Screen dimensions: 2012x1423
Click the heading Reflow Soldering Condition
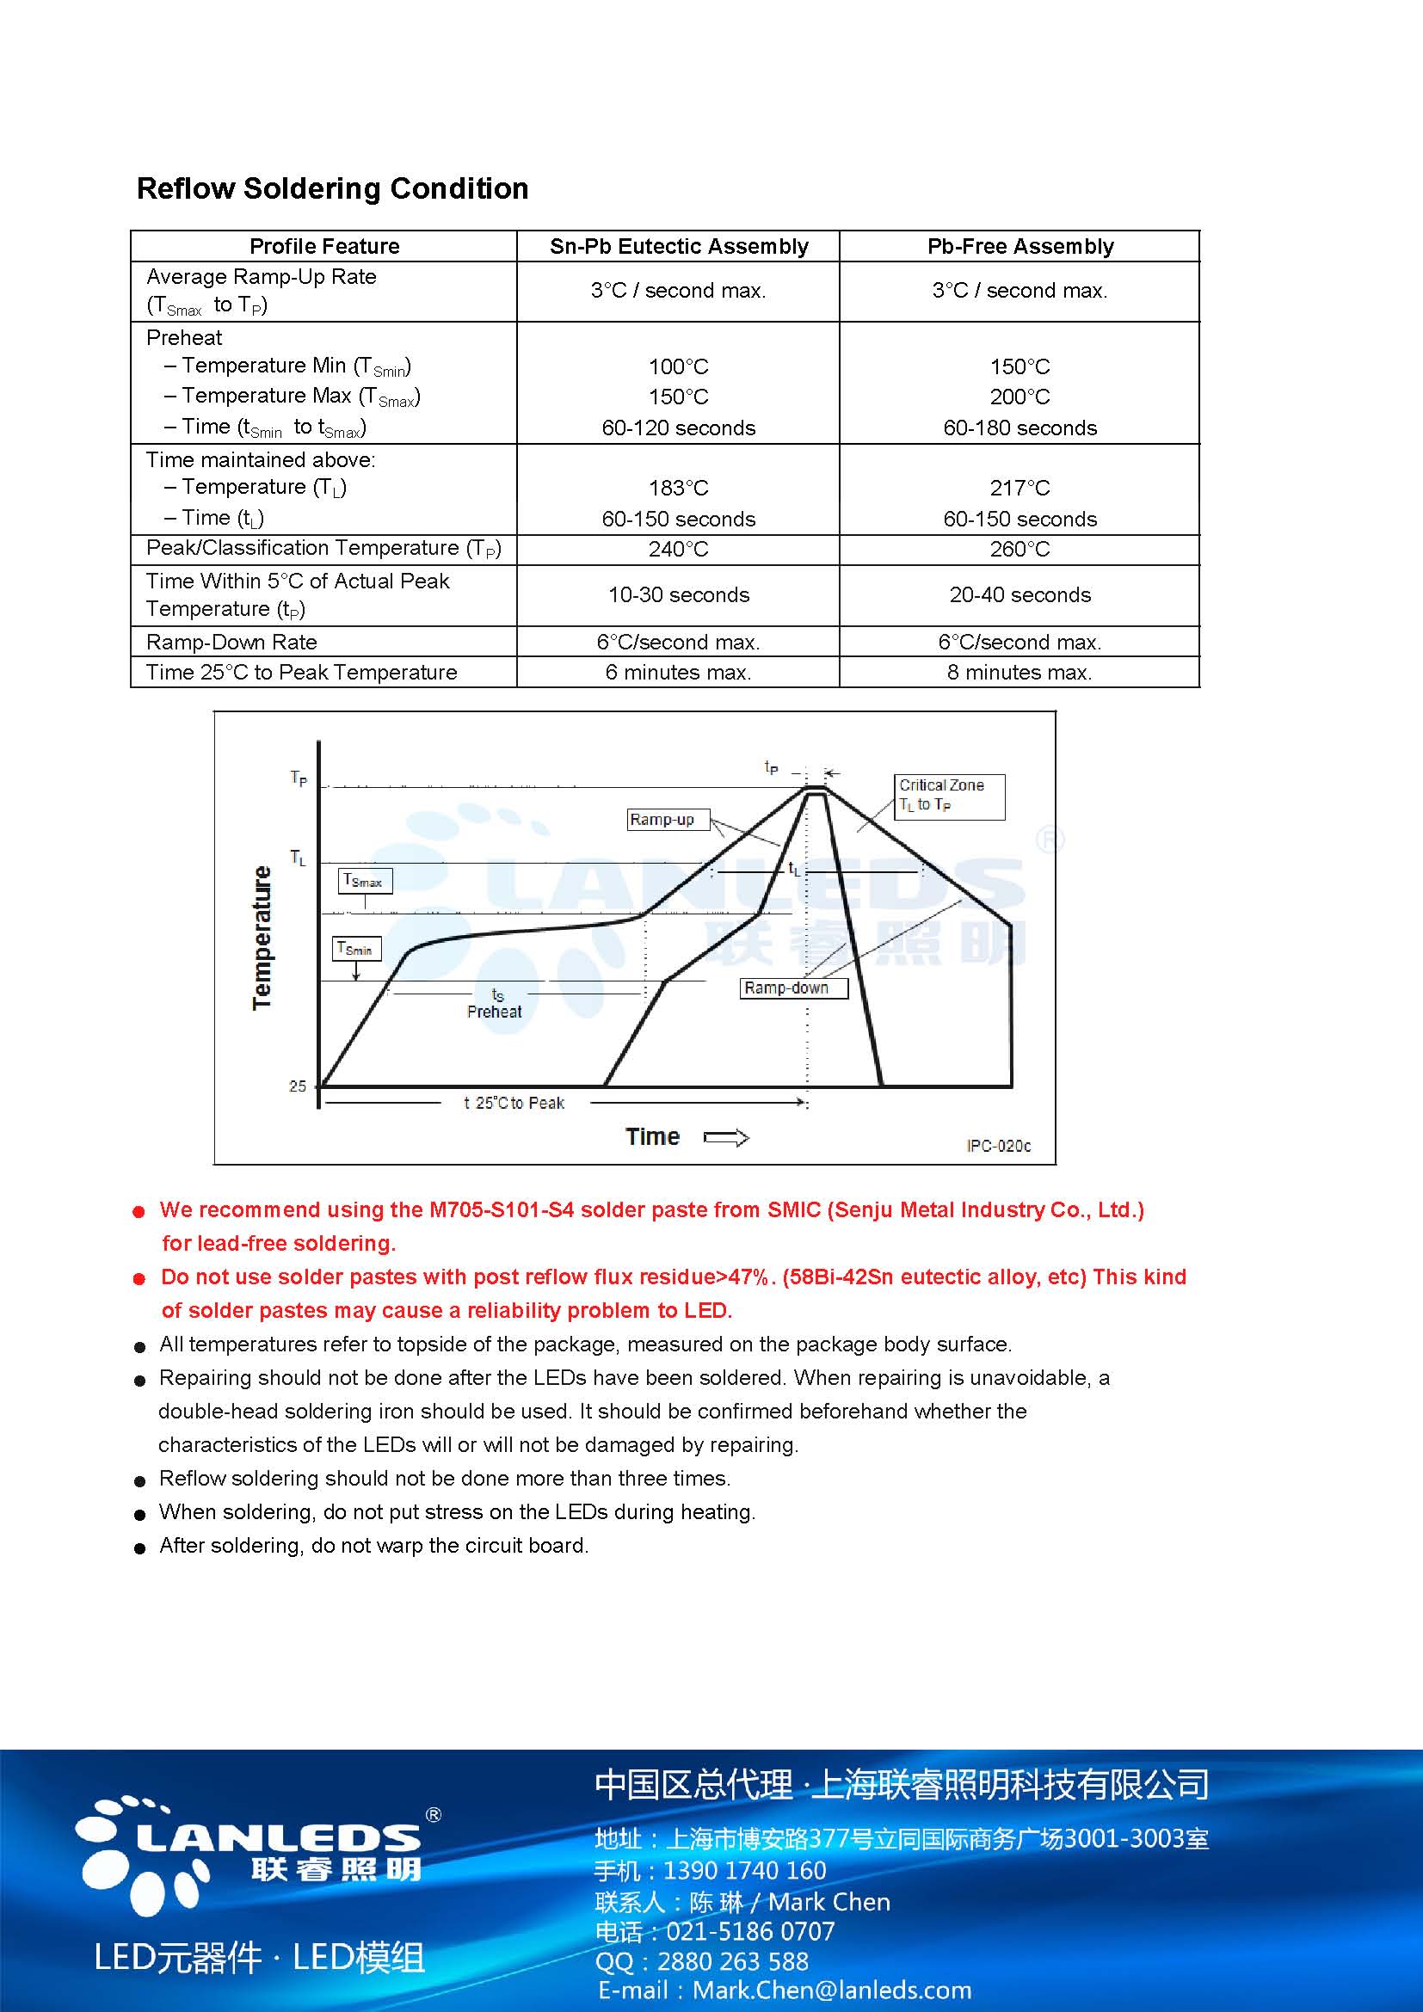click(332, 188)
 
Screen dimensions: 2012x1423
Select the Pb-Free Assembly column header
click(1020, 246)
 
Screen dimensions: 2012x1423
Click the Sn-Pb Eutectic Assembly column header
click(679, 246)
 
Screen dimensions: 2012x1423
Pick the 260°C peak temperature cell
click(1020, 550)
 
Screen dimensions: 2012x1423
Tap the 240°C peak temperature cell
click(679, 550)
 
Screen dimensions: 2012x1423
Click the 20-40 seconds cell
click(1020, 595)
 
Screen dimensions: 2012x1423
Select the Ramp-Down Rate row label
click(231, 642)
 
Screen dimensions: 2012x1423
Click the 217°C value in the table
click(1020, 488)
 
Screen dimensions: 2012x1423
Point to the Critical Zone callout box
click(949, 796)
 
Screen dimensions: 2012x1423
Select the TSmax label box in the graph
click(365, 881)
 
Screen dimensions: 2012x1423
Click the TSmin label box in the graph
click(357, 949)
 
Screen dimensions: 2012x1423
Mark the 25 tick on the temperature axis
click(298, 1086)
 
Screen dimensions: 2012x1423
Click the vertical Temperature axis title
click(262, 938)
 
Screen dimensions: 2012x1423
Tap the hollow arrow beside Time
click(726, 1137)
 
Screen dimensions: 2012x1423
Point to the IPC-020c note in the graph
click(999, 1146)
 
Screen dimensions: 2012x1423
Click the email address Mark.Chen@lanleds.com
click(832, 1990)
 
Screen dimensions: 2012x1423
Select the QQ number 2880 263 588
click(732, 1961)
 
